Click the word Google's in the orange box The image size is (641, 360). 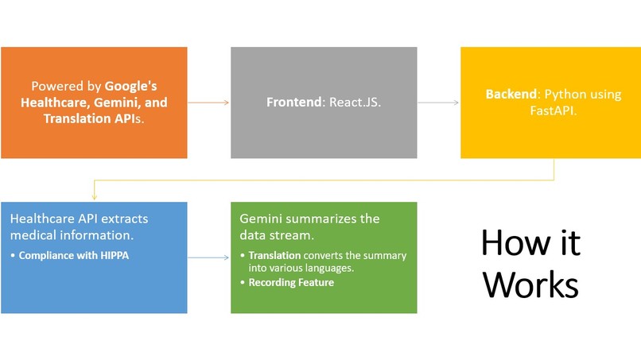click(x=130, y=86)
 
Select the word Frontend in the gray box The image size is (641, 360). click(x=294, y=103)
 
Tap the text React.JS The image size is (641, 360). click(x=355, y=103)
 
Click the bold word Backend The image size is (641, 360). click(x=511, y=94)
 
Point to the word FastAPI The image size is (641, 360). click(x=553, y=110)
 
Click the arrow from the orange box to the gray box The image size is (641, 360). click(x=208, y=103)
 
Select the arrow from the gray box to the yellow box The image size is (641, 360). click(x=438, y=103)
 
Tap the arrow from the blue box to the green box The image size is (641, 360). click(x=208, y=257)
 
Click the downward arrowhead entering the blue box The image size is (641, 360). click(x=95, y=196)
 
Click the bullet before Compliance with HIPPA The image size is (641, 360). click(x=13, y=256)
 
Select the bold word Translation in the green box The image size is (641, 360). click(x=274, y=255)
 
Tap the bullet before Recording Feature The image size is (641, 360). click(x=243, y=282)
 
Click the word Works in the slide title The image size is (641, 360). click(x=530, y=285)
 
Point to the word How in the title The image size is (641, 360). click(x=515, y=242)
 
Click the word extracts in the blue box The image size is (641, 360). click(x=124, y=219)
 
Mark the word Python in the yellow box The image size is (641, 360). click(x=563, y=95)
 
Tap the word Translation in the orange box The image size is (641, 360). click(x=77, y=118)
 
